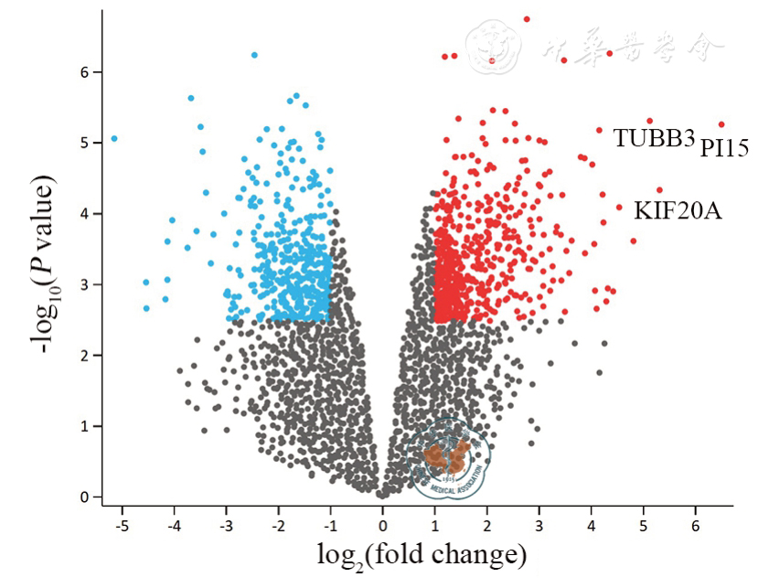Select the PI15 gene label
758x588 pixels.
(725, 148)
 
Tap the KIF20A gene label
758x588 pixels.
(678, 211)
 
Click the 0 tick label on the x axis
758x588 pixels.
(382, 528)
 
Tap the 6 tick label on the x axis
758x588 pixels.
(696, 528)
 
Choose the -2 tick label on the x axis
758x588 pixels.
(276, 528)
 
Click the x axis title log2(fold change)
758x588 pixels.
(422, 555)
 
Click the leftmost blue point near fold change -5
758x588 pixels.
(114, 139)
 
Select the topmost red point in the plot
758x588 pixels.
(527, 19)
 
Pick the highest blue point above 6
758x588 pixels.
(254, 55)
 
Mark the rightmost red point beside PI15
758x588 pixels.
(721, 124)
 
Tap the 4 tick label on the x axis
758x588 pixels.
(592, 528)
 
